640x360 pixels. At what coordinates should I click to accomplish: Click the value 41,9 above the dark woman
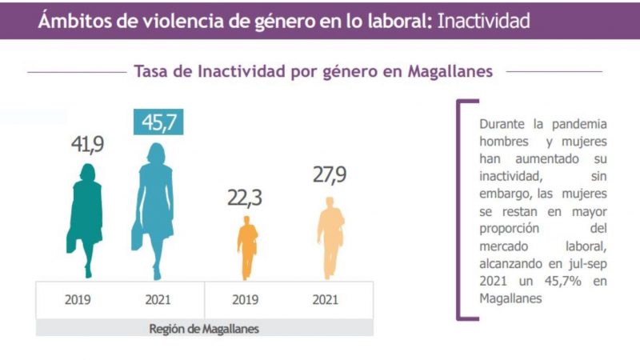tap(87, 146)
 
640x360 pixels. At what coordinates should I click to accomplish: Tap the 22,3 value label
tap(247, 197)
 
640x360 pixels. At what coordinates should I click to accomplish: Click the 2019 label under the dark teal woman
tap(78, 301)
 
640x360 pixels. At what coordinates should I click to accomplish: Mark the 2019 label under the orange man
tap(246, 301)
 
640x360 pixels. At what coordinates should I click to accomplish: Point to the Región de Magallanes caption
tap(204, 328)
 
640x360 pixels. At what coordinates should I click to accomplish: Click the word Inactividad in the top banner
tap(482, 20)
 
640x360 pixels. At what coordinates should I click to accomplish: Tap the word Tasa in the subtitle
tap(151, 71)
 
